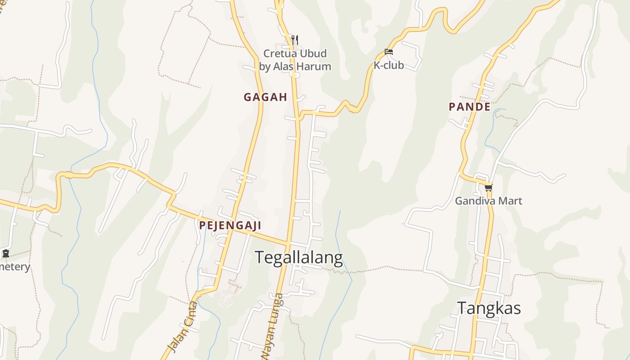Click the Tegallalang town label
pos(299,258)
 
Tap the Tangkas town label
pos(489,308)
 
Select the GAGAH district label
pos(265,97)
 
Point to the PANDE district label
pos(469,107)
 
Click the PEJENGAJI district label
pos(230,225)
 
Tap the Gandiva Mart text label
pos(488,201)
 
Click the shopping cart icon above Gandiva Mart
pos(488,187)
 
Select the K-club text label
pos(388,65)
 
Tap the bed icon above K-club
pos(389,52)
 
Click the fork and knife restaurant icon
pos(295,40)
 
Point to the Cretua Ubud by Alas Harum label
pos(295,60)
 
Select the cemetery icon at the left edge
pos(5,253)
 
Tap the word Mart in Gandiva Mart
pos(511,201)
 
